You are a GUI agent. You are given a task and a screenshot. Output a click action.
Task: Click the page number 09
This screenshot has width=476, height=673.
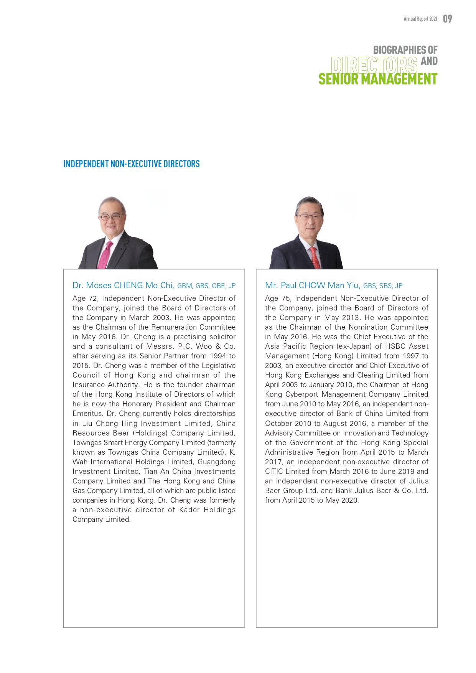447,19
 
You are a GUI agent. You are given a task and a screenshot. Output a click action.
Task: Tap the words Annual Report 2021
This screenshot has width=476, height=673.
420,19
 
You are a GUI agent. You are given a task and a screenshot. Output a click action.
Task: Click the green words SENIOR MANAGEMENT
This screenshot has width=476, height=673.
377,79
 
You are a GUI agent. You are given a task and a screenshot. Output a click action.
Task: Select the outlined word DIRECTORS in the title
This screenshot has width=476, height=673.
374,65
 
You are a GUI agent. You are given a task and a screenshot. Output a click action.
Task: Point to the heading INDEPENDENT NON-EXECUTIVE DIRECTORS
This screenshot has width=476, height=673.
131,164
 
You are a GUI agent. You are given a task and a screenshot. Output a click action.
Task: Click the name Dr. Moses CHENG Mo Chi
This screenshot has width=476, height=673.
123,285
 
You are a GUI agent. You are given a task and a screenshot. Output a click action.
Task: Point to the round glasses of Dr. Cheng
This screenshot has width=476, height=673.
111,217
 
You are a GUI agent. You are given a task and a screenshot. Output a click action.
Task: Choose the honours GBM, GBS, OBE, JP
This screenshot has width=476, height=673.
206,286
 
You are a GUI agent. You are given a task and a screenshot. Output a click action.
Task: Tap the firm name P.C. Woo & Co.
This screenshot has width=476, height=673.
207,346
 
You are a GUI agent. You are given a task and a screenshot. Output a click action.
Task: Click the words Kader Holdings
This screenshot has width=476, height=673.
207,510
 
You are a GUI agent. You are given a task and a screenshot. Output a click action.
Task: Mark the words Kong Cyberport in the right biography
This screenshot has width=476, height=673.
292,394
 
